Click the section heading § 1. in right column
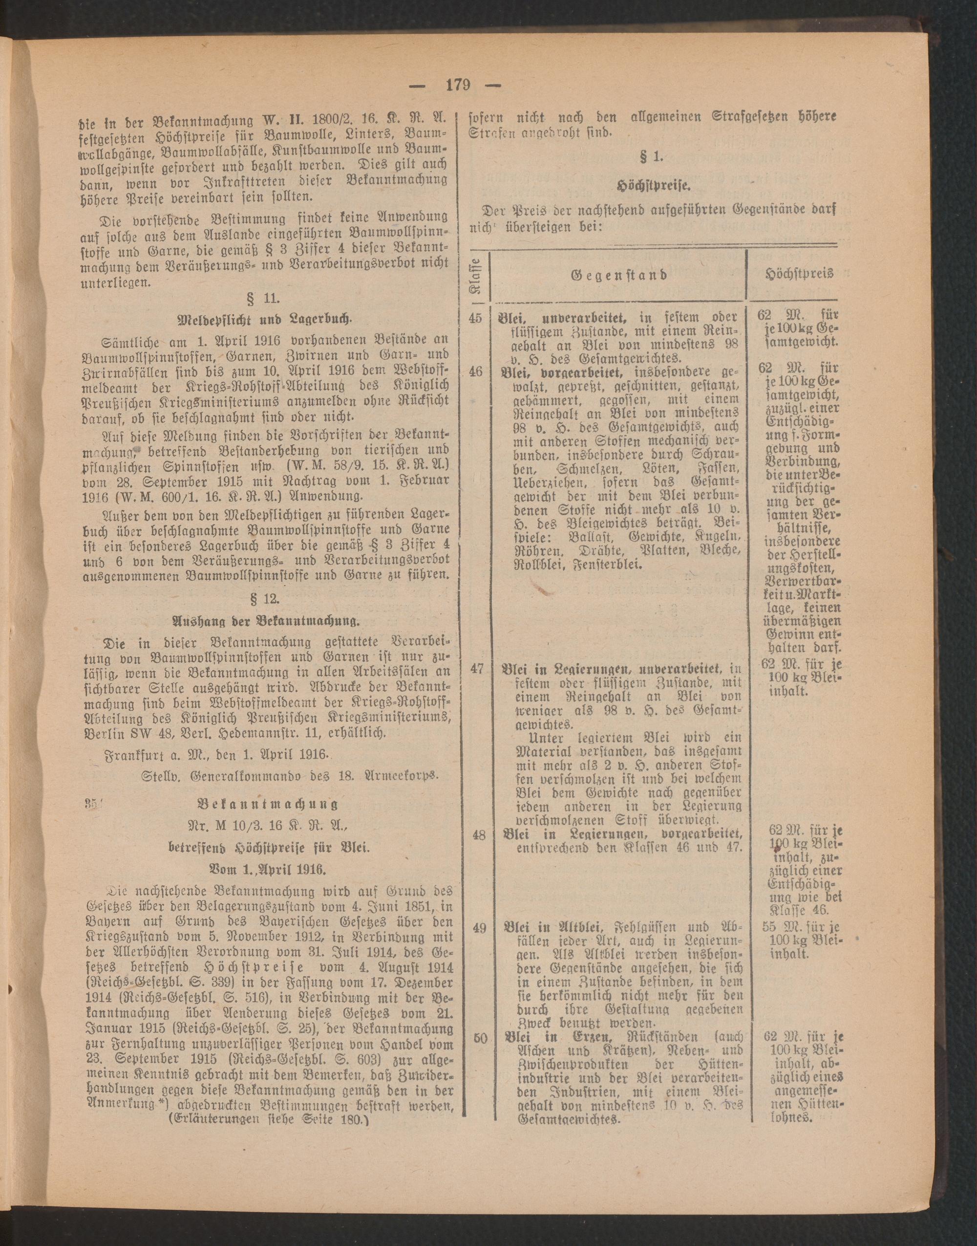(653, 156)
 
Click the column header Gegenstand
(619, 275)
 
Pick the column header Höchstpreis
(799, 274)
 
